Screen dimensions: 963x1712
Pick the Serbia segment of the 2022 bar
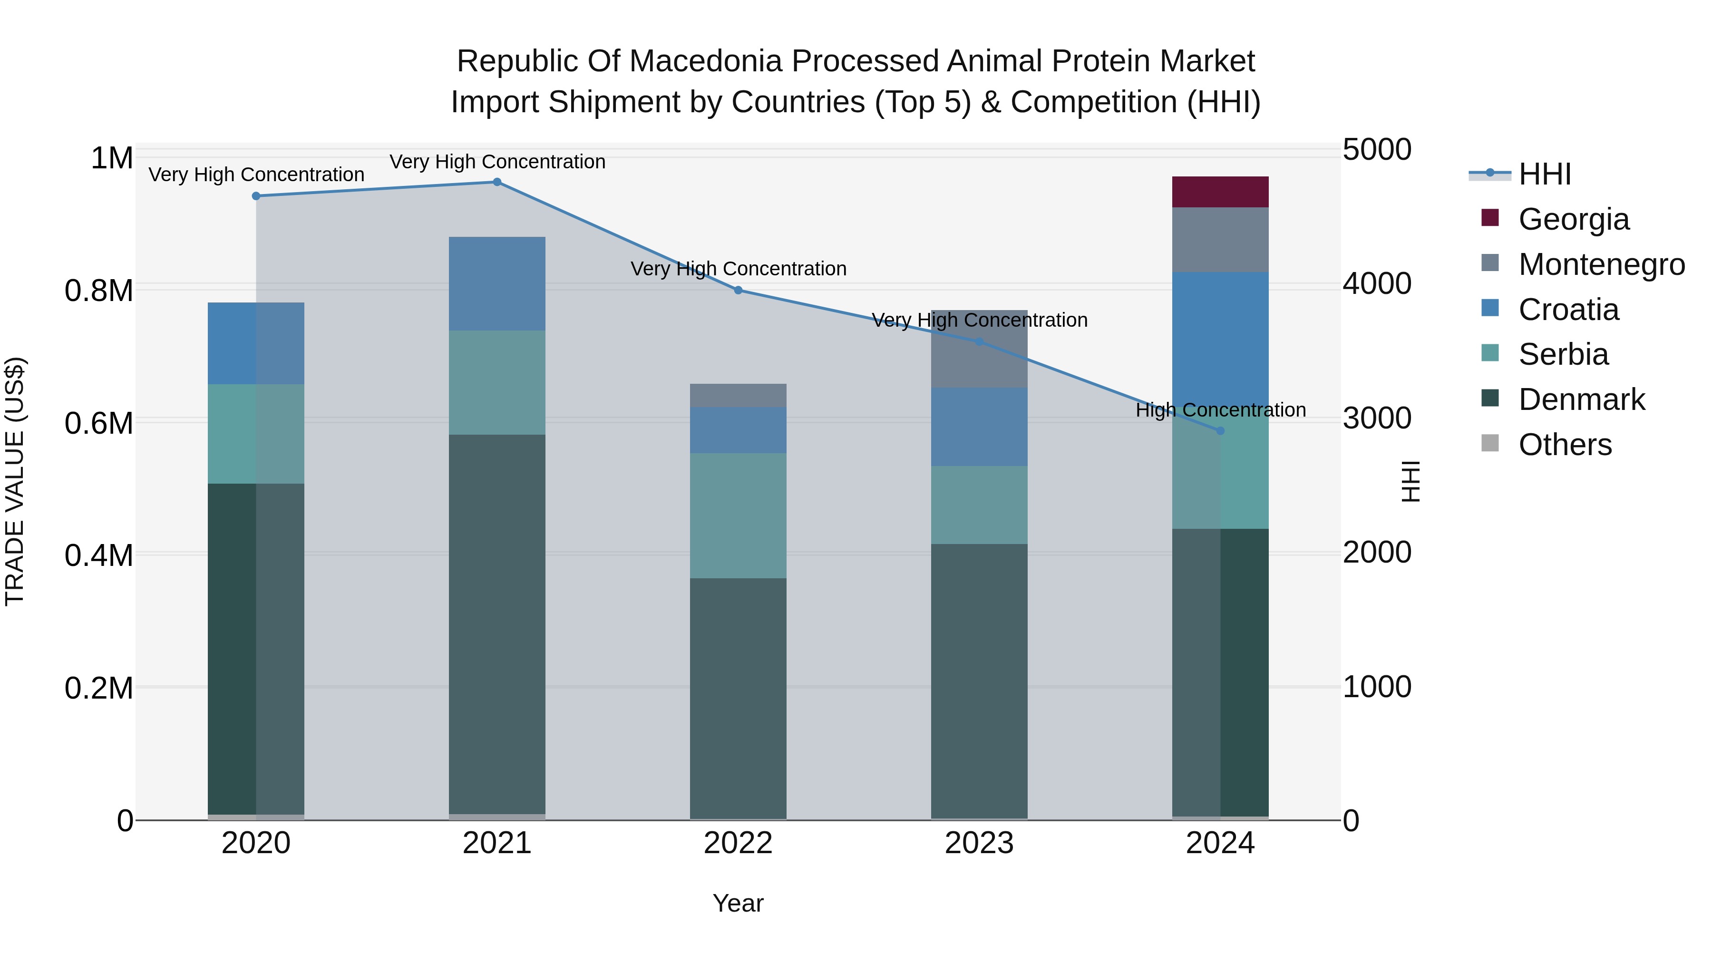pos(738,515)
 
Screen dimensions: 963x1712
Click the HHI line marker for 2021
pos(496,182)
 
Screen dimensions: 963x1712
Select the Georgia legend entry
pos(1573,219)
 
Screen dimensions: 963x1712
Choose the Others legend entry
pos(1565,445)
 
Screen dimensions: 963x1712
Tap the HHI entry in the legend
pos(1544,174)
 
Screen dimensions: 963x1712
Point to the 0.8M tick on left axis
pos(99,291)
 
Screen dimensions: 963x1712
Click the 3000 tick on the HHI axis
pos(1376,418)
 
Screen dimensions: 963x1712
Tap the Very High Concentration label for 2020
pos(256,175)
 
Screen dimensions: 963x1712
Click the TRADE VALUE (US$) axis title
pos(15,482)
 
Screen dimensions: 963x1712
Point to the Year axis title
pos(738,903)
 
